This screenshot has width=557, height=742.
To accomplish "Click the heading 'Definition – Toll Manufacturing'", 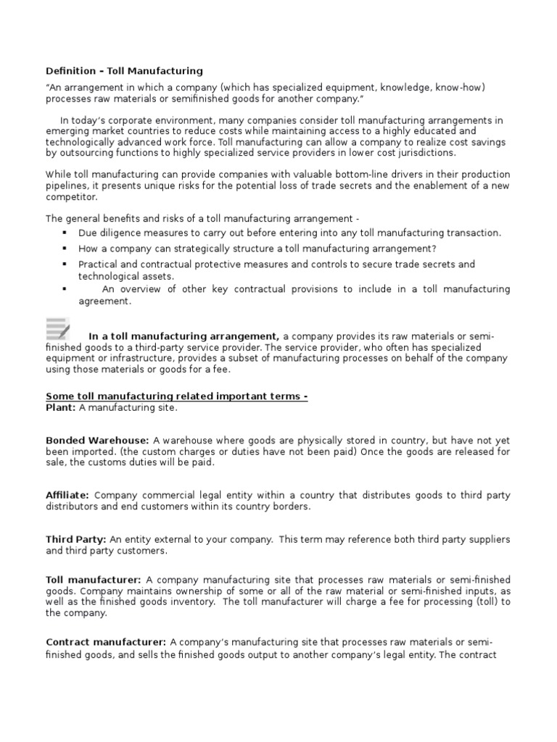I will tap(124, 71).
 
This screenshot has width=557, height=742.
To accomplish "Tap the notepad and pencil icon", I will tap(58, 328).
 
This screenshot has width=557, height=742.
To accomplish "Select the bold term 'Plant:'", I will tap(61, 408).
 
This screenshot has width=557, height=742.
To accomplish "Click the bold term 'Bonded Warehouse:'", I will tap(98, 440).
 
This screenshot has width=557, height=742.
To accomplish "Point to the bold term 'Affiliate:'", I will tap(67, 495).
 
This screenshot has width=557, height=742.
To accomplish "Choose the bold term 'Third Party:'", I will tap(76, 539).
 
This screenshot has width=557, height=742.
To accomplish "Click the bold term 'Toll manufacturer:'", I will tap(94, 580).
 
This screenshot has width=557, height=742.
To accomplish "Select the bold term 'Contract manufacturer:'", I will tap(107, 642).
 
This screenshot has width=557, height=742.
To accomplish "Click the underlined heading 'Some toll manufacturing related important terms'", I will tap(176, 397).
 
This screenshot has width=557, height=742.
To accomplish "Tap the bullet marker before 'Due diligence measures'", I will tap(65, 233).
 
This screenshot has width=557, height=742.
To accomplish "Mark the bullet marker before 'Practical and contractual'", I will tap(65, 264).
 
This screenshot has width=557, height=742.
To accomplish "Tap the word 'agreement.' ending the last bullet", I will tap(105, 301).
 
